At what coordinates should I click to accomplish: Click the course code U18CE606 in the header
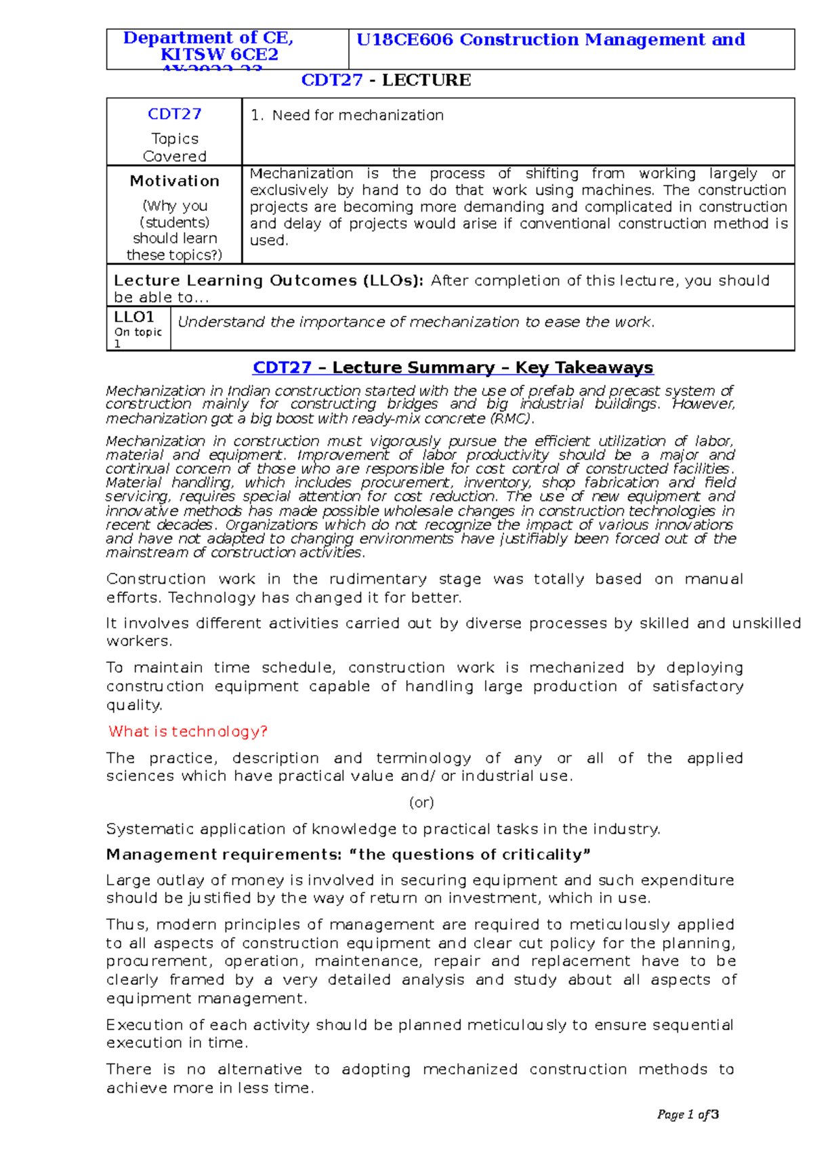coord(404,40)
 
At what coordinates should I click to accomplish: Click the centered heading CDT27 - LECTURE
coord(385,80)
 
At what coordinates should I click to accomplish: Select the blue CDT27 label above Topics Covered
coord(174,114)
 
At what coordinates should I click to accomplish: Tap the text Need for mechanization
coord(357,115)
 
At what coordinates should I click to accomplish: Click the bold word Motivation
coord(174,181)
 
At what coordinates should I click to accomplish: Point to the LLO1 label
coord(134,317)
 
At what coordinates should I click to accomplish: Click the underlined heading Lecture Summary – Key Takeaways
coord(493,367)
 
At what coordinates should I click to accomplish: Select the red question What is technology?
coord(188,731)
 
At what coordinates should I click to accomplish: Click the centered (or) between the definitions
coord(421,803)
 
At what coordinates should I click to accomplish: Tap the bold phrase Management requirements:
coord(228,855)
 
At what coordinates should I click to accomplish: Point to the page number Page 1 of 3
coord(687,1114)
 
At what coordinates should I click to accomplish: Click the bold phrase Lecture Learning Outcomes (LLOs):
coord(268,281)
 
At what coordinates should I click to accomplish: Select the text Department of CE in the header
coord(207,38)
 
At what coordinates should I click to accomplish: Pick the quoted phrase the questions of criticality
coord(474,855)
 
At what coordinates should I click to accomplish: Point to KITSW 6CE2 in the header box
coord(219,55)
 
